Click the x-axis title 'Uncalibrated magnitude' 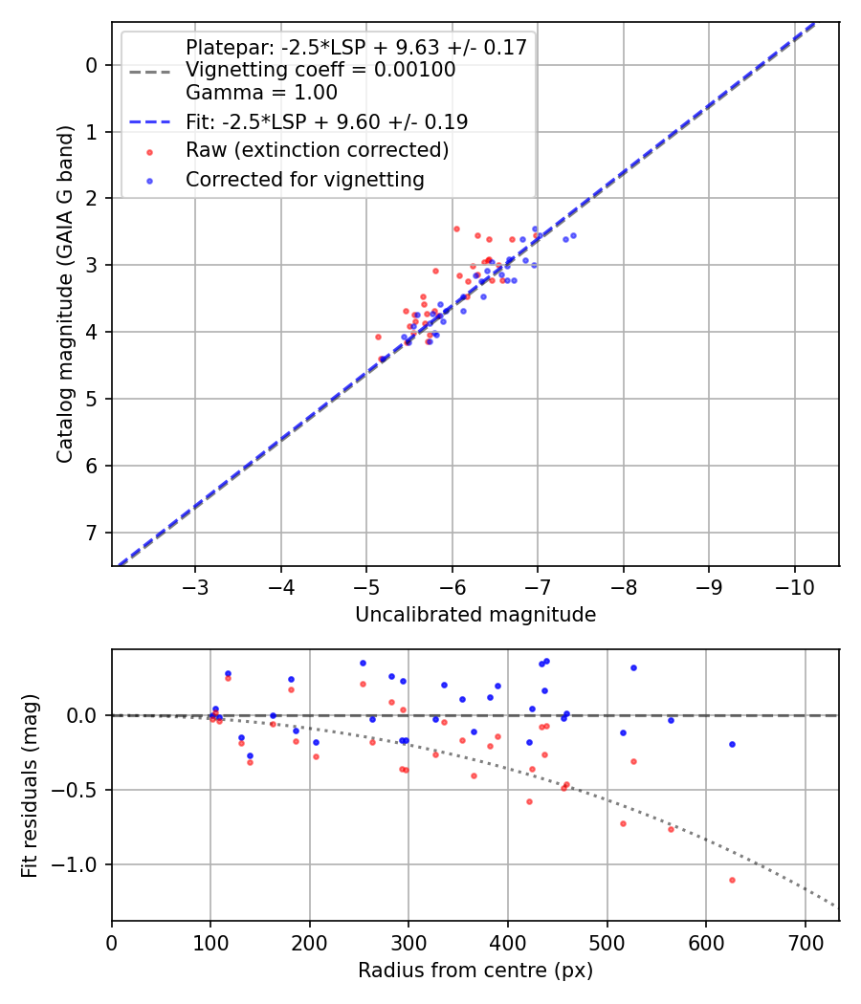click(x=475, y=615)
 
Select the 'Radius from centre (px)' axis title click(x=475, y=971)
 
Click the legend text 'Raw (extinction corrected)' click(x=317, y=150)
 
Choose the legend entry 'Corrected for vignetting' click(x=304, y=179)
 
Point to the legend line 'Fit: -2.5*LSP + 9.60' click(x=326, y=121)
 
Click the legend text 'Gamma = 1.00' click(x=261, y=93)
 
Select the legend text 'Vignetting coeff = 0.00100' click(x=320, y=70)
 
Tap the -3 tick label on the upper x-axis click(x=195, y=586)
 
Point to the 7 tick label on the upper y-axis click(x=93, y=533)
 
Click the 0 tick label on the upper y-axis click(x=93, y=65)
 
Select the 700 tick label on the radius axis click(x=805, y=941)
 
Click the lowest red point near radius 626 click(x=732, y=880)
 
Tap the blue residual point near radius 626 click(x=732, y=744)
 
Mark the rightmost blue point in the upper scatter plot click(x=573, y=235)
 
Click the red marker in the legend click(x=149, y=151)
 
